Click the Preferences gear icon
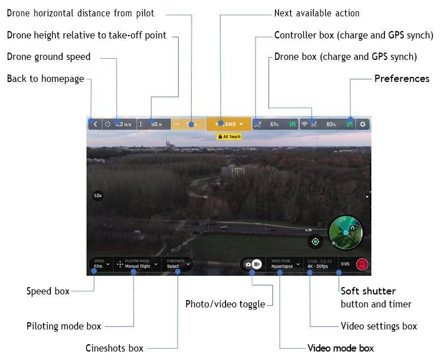coord(363,124)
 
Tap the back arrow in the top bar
coord(96,124)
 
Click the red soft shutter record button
coord(362,264)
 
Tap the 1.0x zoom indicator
coord(98,196)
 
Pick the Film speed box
coord(100,264)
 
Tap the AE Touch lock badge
coord(229,137)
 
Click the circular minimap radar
coord(346,232)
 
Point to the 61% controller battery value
coord(274,124)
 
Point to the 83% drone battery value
coord(331,124)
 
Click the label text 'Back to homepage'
coord(45,79)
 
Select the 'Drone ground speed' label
coord(49,57)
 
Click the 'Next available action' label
coord(317,13)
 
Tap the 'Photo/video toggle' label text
coord(225,304)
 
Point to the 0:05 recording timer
coord(345,264)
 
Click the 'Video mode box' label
coord(340,348)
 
